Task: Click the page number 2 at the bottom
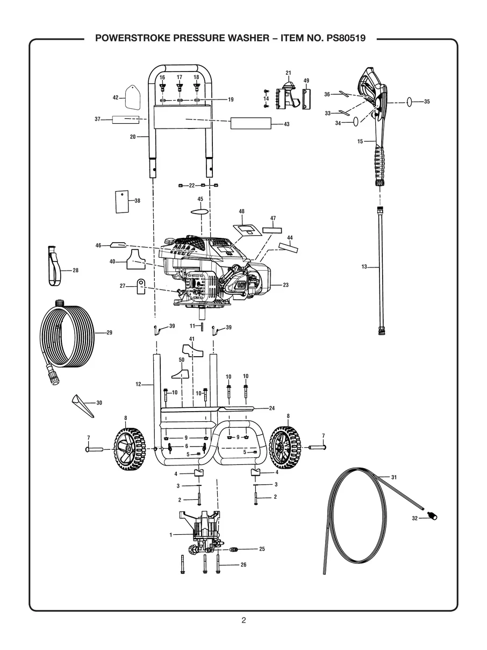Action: (243, 620)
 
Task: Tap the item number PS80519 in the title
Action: (343, 39)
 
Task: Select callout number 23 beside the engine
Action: (285, 285)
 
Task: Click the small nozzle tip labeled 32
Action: (431, 516)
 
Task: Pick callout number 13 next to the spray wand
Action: (364, 266)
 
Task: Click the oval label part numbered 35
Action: (411, 101)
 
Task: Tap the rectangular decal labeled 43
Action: (250, 124)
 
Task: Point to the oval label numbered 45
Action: (200, 212)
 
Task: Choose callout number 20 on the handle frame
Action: (133, 137)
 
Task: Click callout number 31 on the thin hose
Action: (394, 477)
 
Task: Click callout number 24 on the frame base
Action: (272, 408)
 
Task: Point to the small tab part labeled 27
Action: (141, 286)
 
